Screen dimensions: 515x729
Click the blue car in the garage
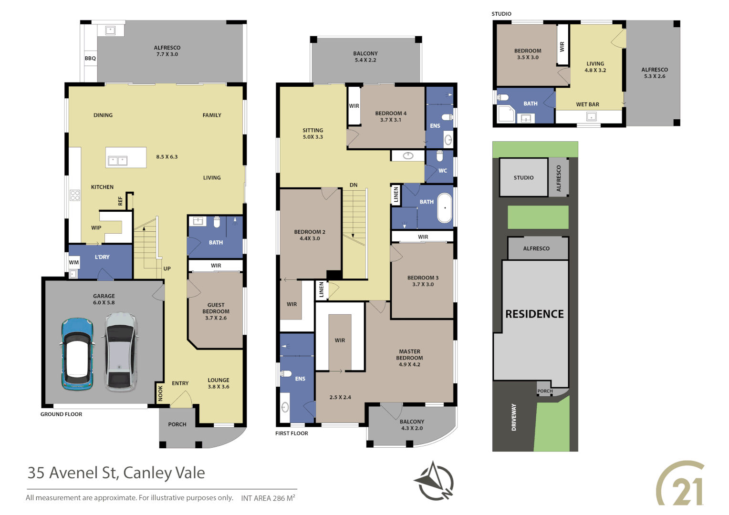tap(76, 354)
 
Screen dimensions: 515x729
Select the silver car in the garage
tap(120, 352)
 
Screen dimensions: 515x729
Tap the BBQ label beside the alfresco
tap(90, 59)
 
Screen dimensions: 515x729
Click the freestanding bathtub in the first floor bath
tap(445, 208)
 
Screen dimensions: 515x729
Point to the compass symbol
tap(434, 481)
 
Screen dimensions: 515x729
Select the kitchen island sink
tap(117, 161)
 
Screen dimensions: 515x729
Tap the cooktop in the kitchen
tap(75, 195)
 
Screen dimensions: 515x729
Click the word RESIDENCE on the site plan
tap(534, 314)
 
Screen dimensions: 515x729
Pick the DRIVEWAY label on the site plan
tap(514, 417)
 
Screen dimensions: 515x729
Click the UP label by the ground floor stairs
tap(167, 269)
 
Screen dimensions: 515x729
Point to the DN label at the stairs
tap(353, 185)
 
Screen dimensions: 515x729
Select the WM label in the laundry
tap(74, 262)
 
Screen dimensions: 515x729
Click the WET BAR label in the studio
tap(587, 104)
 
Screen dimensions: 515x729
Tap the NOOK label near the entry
tap(160, 393)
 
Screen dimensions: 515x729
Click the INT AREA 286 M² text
tap(268, 498)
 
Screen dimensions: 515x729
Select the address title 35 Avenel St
tap(116, 473)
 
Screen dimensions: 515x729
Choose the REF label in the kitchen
tap(120, 201)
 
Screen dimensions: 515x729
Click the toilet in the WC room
tap(440, 156)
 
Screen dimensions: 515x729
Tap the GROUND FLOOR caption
tap(61, 414)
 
